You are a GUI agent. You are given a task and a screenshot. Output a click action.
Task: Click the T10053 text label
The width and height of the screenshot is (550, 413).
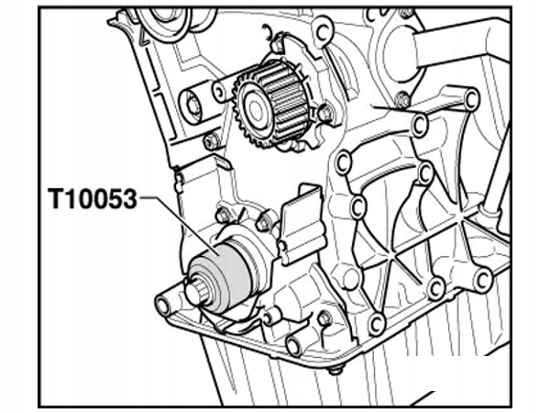pos(93,199)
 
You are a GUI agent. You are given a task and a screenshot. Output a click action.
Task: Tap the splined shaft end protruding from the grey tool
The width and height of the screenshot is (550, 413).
pos(195,294)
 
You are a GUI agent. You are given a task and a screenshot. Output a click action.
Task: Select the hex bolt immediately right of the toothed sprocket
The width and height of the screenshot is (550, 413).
pos(324,114)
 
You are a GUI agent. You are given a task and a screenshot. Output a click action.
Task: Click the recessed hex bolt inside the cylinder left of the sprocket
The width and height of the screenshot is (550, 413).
pos(192,105)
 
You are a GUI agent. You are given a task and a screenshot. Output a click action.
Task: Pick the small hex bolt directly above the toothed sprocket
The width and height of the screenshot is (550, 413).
pos(277,46)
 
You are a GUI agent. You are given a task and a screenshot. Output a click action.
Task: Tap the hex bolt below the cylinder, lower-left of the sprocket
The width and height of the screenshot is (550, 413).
pos(211,142)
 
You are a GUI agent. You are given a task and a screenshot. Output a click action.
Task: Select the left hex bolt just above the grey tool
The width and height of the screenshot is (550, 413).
pos(222,215)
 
